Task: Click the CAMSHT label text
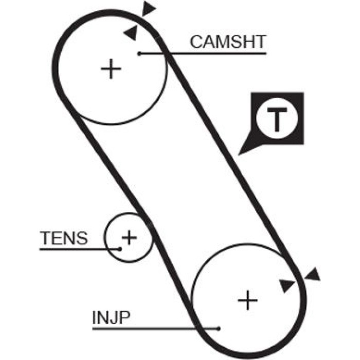click(x=228, y=42)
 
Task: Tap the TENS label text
click(x=64, y=238)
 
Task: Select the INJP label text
click(x=112, y=317)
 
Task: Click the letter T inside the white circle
click(x=277, y=119)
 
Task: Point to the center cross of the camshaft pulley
click(x=111, y=68)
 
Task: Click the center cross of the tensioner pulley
click(x=129, y=238)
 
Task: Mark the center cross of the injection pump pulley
click(x=247, y=300)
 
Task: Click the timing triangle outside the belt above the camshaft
click(x=148, y=9)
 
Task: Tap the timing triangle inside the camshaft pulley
click(x=131, y=33)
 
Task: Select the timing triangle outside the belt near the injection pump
click(x=313, y=275)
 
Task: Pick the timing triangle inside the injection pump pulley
click(x=286, y=285)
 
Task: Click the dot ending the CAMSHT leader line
click(x=139, y=53)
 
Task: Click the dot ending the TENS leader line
click(x=120, y=249)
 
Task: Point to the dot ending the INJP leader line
click(x=219, y=329)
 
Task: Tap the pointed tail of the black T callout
click(x=238, y=155)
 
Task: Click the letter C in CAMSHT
click(x=196, y=42)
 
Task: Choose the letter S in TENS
click(x=82, y=238)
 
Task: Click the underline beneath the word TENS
click(x=79, y=249)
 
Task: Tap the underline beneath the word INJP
click(x=155, y=329)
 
